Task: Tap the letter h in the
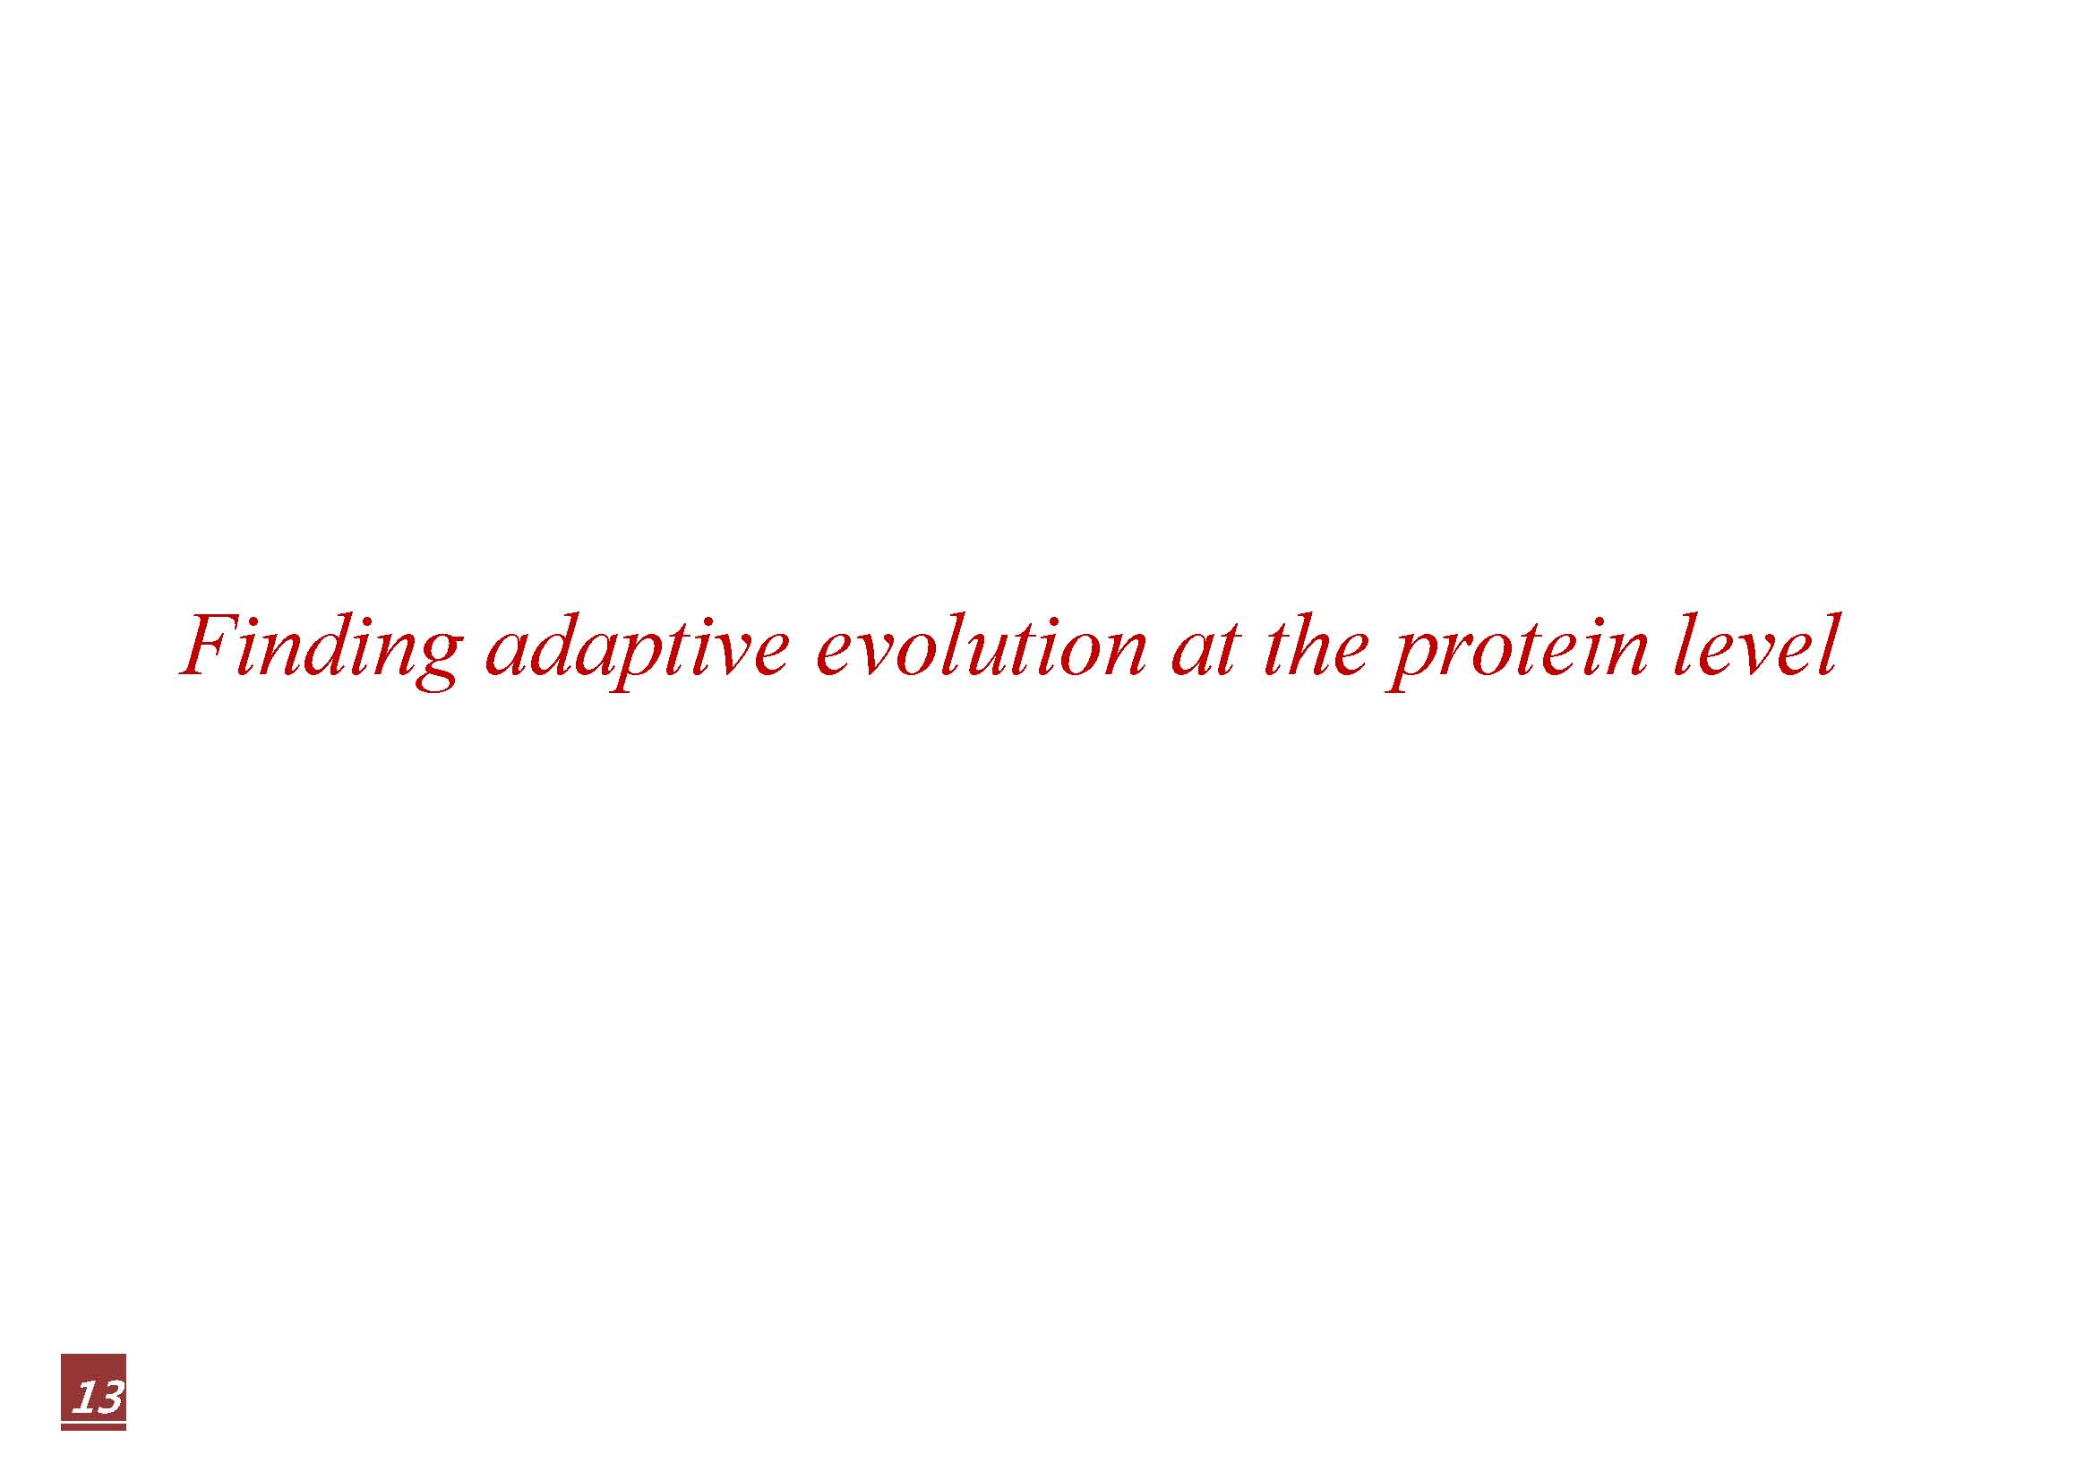[1311, 646]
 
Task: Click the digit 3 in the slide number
[108, 1397]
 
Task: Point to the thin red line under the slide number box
[93, 1427]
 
